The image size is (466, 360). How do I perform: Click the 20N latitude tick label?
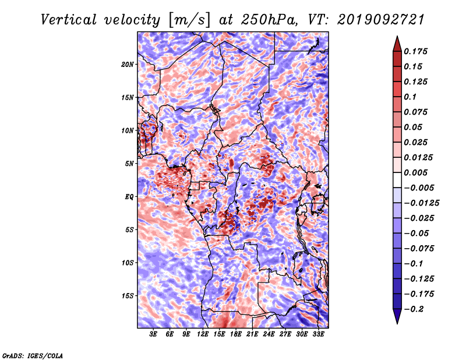[128, 65]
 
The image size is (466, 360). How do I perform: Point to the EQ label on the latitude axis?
[129, 197]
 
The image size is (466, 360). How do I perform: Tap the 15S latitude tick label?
[128, 296]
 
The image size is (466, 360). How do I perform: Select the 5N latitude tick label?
[129, 164]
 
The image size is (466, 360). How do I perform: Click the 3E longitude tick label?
[153, 334]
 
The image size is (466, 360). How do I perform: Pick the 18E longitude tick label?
[236, 334]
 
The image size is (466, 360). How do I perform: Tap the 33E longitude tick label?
[318, 334]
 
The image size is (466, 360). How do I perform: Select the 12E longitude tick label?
[203, 334]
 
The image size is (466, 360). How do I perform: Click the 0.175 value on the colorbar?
[415, 51]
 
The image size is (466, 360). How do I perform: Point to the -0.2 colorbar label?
[414, 309]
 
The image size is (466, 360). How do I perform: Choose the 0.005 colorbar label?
[415, 172]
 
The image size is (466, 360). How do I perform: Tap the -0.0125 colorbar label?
[421, 203]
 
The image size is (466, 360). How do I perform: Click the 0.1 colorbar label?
[410, 97]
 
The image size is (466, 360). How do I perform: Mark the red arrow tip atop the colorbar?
[397, 37]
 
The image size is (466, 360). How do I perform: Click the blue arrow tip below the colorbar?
[397, 323]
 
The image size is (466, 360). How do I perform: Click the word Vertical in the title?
[68, 20]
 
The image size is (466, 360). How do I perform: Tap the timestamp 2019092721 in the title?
[381, 20]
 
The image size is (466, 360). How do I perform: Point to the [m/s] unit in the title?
[189, 20]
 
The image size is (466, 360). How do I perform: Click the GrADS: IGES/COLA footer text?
[33, 355]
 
